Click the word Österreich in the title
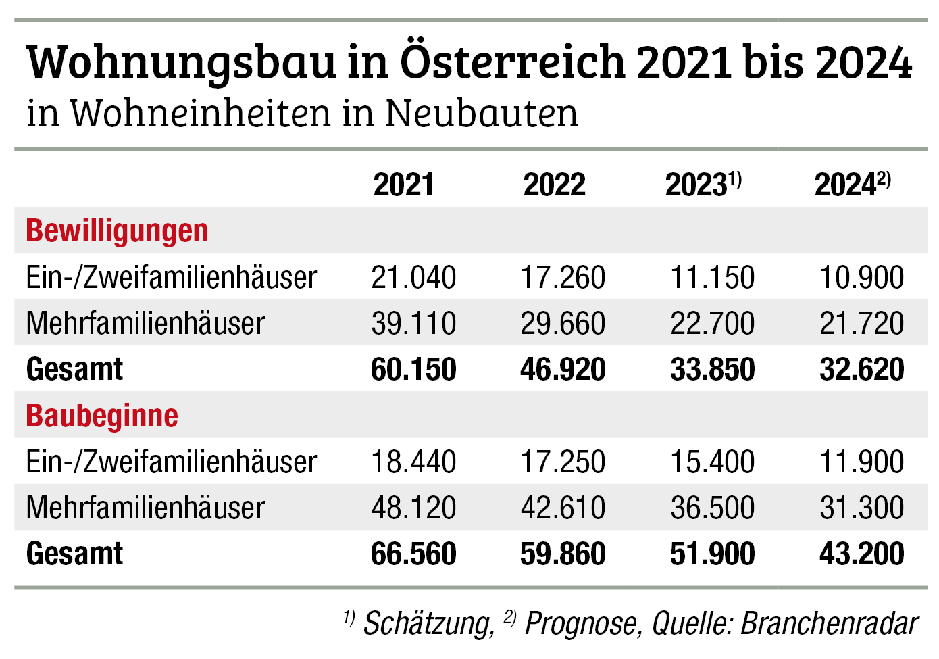coord(513,62)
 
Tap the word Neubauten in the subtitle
coord(481,113)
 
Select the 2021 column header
coord(403,185)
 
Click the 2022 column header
coord(554,185)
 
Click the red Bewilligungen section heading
coord(117,231)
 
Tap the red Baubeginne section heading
coord(102,416)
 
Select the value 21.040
coord(413,278)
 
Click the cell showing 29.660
coord(563,324)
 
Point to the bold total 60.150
coord(413,370)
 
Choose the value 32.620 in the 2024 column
coord(861,370)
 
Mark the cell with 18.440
coord(413,462)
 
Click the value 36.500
coord(712,508)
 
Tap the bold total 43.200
coord(861,554)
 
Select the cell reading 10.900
coord(861,278)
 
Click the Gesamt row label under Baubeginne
coord(74,554)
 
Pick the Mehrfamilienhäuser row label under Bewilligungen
coord(145,324)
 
